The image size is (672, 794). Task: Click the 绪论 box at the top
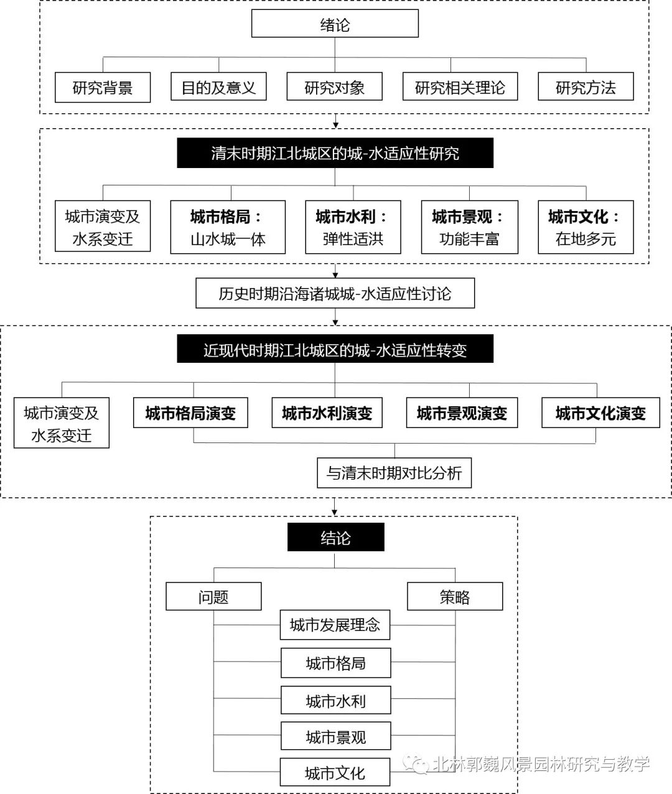tap(335, 25)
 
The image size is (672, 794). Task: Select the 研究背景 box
tap(103, 88)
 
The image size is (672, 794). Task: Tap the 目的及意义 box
tap(218, 88)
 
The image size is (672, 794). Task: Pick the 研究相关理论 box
tap(460, 88)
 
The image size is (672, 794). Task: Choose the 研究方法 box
tap(586, 88)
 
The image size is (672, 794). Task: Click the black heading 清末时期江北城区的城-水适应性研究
tap(335, 153)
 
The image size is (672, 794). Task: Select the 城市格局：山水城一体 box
tap(228, 227)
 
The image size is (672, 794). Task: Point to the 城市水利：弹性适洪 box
tap(353, 227)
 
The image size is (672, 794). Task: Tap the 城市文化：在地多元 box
tap(586, 227)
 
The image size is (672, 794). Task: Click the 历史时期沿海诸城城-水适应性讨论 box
tap(335, 294)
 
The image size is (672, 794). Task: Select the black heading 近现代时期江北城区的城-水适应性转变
tap(335, 350)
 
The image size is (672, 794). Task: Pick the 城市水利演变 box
tap(327, 413)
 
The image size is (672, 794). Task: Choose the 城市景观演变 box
tap(462, 413)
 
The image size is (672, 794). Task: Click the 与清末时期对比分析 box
tap(394, 473)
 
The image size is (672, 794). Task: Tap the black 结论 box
tap(335, 538)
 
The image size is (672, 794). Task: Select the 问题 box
tap(213, 597)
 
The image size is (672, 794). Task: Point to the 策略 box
tap(455, 597)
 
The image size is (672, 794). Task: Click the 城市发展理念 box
tap(335, 625)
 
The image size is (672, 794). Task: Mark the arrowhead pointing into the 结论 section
tap(335, 511)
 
